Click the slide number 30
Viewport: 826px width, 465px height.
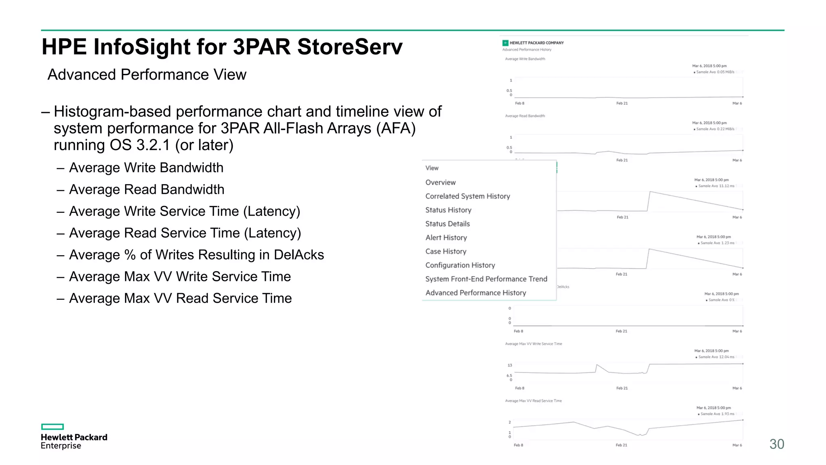coord(776,444)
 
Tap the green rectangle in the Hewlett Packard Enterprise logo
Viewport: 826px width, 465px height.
coord(52,427)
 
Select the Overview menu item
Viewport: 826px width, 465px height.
coord(440,182)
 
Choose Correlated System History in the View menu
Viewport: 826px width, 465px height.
coord(467,196)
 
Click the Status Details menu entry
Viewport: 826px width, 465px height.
coord(447,224)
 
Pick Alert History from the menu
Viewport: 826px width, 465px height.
coord(446,238)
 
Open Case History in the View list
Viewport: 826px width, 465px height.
coord(446,251)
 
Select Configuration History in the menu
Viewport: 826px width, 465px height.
coord(460,265)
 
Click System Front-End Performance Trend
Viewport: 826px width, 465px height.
coord(486,279)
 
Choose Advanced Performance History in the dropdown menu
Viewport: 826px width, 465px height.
coord(476,293)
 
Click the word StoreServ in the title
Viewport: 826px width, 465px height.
coord(350,47)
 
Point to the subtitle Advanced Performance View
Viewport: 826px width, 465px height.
coord(147,75)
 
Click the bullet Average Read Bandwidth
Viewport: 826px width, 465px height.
coord(146,189)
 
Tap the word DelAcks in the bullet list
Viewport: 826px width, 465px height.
coord(299,255)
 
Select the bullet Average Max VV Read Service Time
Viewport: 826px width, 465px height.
coord(180,298)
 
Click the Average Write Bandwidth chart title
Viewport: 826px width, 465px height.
coord(525,59)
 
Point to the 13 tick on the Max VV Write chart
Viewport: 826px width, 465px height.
coord(510,365)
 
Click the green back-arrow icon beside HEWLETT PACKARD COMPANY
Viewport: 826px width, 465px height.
coord(505,43)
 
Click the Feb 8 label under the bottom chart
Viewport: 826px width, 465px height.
coord(518,445)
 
